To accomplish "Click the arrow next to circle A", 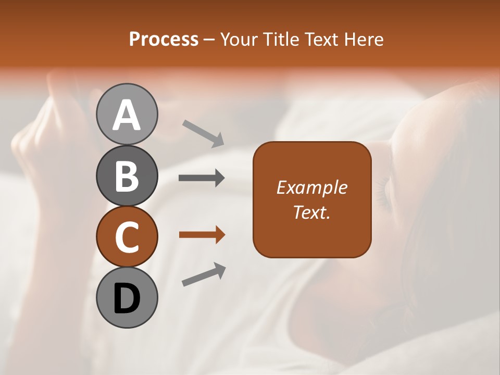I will [203, 132].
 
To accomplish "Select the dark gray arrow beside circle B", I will [202, 178].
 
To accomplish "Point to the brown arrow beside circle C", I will [202, 235].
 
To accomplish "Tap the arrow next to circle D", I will [204, 274].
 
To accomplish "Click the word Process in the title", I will [164, 39].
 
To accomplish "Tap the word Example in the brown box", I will [311, 187].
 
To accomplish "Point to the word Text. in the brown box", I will [311, 212].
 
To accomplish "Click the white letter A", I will [127, 115].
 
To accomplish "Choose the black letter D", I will [127, 298].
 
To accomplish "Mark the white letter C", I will [127, 237].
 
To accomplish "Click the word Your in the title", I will [238, 39].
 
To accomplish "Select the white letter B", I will [127, 176].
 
